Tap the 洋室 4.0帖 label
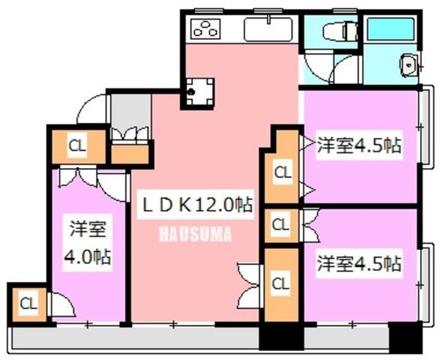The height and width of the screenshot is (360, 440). click(88, 242)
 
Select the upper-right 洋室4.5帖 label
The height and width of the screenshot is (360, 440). click(359, 145)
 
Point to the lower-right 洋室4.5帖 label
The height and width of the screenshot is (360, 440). click(359, 263)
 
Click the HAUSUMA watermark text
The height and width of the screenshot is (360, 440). click(196, 234)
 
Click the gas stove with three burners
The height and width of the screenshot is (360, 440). click(205, 29)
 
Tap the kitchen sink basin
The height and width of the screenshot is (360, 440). click(268, 29)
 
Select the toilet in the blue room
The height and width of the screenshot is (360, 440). click(340, 31)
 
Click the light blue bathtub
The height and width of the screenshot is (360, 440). click(391, 29)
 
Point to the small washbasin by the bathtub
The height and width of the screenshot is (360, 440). click(409, 65)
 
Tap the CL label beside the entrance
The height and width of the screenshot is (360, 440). click(77, 145)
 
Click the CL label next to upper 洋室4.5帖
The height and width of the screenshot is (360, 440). click(283, 172)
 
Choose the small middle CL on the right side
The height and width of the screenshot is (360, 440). click(281, 226)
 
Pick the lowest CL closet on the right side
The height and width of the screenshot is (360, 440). click(281, 285)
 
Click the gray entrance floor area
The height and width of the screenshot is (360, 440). click(130, 111)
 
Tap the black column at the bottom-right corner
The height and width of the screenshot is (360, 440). click(406, 337)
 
